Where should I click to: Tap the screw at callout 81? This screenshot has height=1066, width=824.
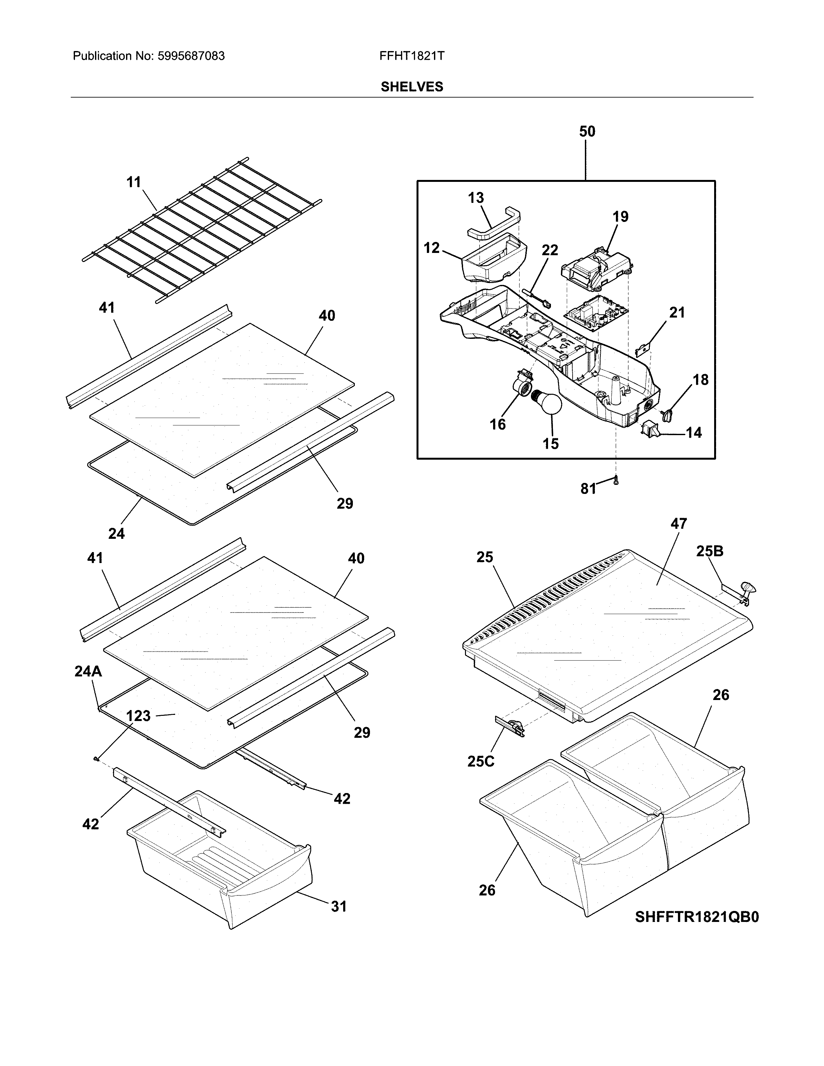click(x=616, y=480)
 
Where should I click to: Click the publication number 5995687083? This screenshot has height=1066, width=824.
click(x=191, y=56)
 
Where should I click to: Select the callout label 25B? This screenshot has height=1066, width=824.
click(x=709, y=551)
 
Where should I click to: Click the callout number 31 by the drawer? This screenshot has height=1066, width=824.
click(x=338, y=906)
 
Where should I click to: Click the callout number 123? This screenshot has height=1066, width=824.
click(x=138, y=716)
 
